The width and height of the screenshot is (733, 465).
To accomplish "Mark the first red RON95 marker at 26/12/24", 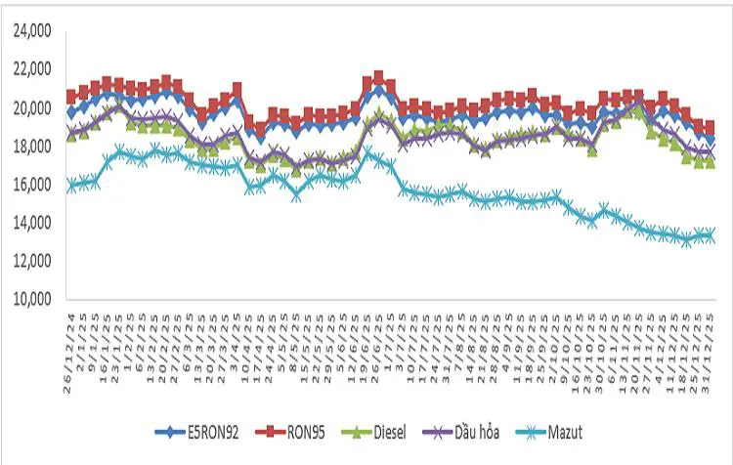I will pos(71,96).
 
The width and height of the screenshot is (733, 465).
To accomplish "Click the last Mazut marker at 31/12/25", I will pos(710,235).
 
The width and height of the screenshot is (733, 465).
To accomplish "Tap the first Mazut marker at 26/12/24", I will pos(71,186).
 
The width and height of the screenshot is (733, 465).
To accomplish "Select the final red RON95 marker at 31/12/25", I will pos(710,128).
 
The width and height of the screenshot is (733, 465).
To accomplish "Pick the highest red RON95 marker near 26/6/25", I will pos(379,76).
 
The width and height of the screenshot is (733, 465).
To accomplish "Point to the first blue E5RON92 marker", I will pos(71,113).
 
